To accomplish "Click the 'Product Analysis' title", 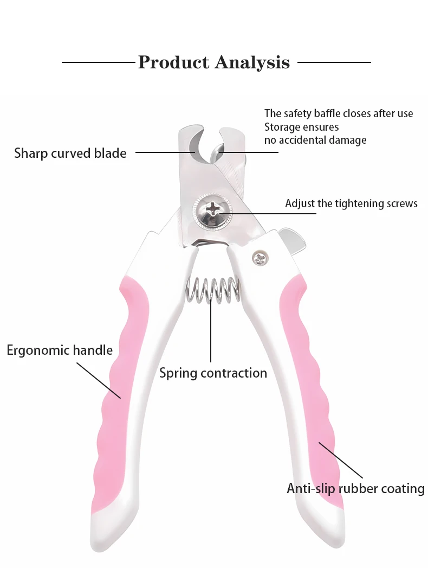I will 214,62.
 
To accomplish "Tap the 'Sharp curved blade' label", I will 70,153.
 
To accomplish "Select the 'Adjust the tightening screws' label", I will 351,203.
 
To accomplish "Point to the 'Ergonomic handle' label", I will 60,350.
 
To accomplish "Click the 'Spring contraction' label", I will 213,373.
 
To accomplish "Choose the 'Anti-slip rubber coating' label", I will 355,488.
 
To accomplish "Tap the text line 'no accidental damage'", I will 315,140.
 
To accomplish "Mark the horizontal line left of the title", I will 98,62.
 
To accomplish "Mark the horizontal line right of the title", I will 334,62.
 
